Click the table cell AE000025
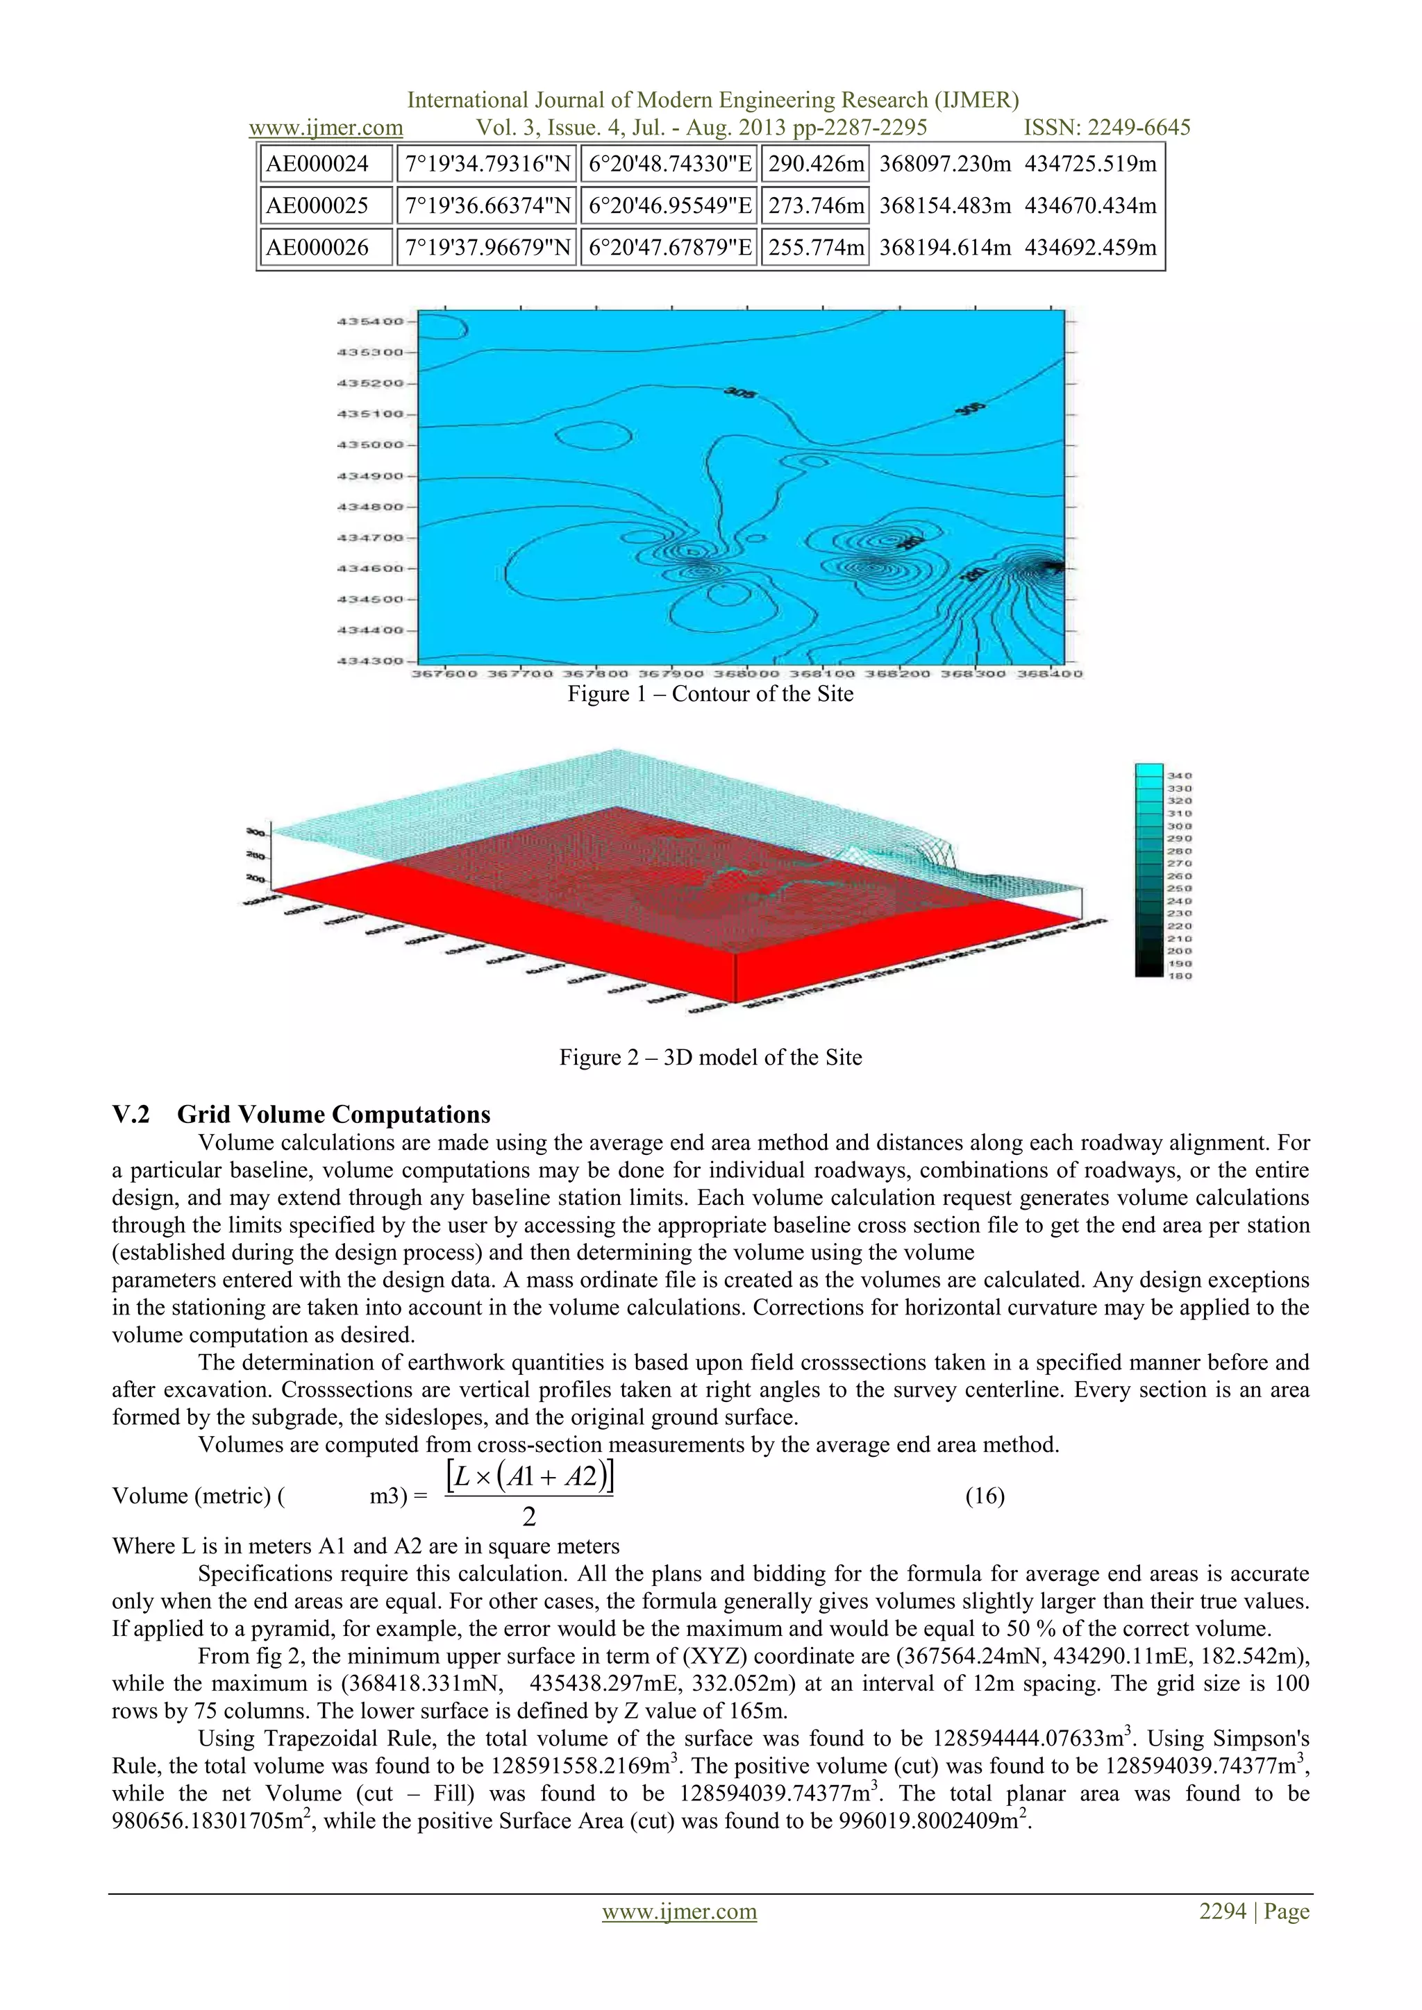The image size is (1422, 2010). (x=317, y=205)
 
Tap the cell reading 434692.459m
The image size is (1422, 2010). (x=1090, y=248)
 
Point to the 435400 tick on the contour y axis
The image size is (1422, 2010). (x=370, y=321)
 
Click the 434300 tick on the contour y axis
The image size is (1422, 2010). (x=370, y=661)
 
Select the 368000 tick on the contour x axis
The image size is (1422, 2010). (x=747, y=673)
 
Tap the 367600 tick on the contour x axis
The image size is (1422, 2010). (x=445, y=673)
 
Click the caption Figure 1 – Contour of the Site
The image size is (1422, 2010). (x=710, y=694)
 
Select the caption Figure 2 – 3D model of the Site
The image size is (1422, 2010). (x=710, y=1058)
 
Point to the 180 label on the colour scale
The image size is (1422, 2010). (x=1180, y=975)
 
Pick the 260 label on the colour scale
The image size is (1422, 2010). (x=1180, y=875)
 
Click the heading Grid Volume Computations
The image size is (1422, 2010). (x=333, y=1115)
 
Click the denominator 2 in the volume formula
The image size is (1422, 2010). (x=529, y=1517)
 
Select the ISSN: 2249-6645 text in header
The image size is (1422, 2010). (x=1107, y=128)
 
